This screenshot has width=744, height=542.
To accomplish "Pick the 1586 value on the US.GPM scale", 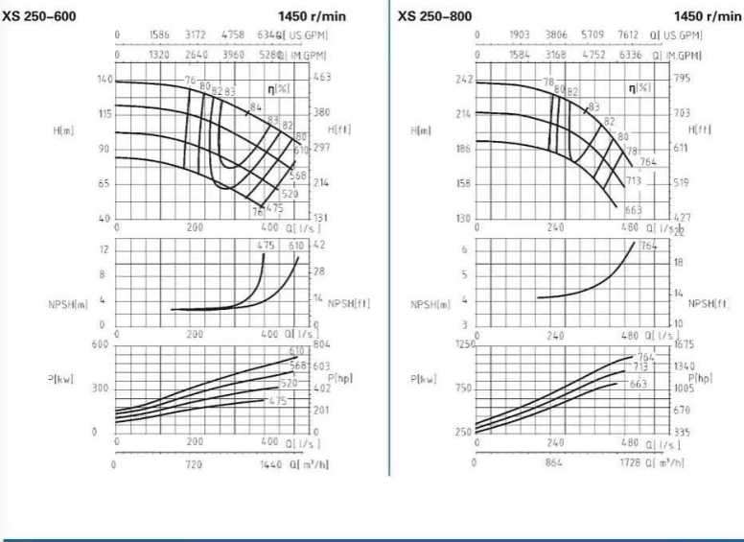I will point(159,35).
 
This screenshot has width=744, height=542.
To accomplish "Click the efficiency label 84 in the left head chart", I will point(255,106).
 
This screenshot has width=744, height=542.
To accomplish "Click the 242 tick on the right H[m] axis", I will point(465,79).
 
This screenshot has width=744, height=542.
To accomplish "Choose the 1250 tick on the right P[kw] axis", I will point(463,344).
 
